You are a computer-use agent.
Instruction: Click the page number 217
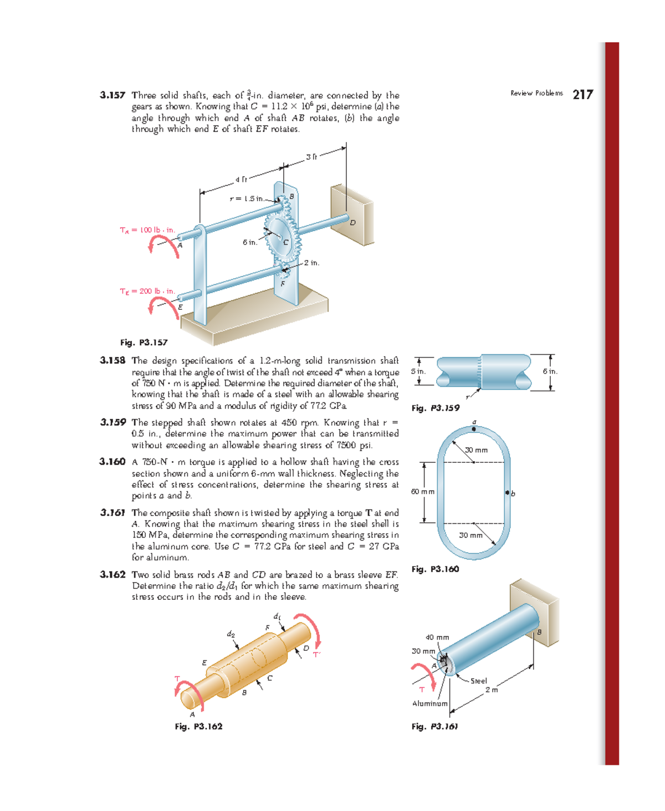582,94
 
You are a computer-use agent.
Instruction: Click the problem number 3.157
112,95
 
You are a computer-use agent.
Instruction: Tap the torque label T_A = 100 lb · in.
147,230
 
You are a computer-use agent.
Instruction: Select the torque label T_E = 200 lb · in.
147,291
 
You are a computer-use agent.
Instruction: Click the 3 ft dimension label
311,157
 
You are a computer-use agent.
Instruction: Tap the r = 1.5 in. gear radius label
247,198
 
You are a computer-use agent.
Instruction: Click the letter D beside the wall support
352,223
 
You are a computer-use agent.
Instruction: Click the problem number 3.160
112,462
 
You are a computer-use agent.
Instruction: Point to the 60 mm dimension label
422,492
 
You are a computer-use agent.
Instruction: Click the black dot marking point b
507,492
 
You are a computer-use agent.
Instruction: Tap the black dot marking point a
474,429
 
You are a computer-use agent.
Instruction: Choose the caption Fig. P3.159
435,408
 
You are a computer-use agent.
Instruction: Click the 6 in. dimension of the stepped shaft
550,371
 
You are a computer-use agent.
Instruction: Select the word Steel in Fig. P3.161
478,681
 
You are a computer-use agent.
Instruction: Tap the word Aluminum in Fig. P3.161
429,703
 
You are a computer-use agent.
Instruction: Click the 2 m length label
492,690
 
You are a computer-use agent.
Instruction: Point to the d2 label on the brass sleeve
231,634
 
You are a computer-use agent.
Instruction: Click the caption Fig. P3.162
198,726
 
